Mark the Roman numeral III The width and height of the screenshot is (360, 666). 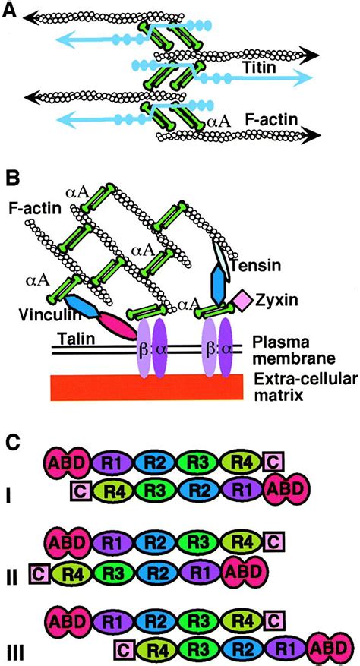pos(14,651)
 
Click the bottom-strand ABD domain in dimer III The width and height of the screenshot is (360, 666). pos(329,648)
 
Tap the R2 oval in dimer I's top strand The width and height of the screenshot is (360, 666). pos(163,461)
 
